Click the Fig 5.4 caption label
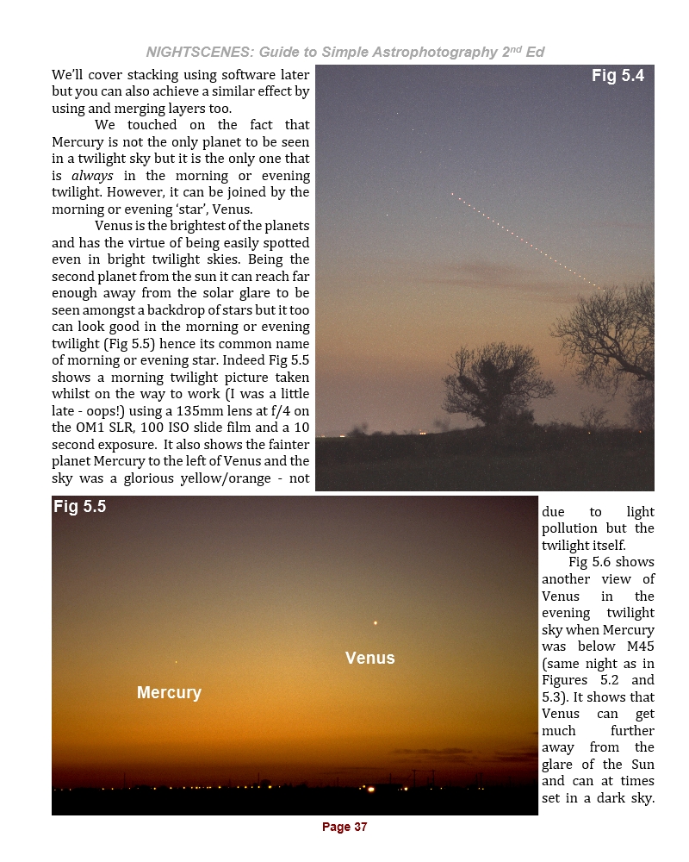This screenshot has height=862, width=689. click(618, 76)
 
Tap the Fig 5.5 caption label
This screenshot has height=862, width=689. click(79, 507)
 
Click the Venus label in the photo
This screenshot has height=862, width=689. click(369, 658)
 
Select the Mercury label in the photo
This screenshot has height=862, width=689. click(169, 692)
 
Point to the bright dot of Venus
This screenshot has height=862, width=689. click(376, 622)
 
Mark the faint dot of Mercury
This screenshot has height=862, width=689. click(176, 662)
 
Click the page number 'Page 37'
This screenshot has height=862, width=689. click(344, 827)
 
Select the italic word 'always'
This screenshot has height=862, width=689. click(91, 175)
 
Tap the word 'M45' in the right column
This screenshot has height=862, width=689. click(636, 646)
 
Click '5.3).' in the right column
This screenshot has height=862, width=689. click(556, 696)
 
